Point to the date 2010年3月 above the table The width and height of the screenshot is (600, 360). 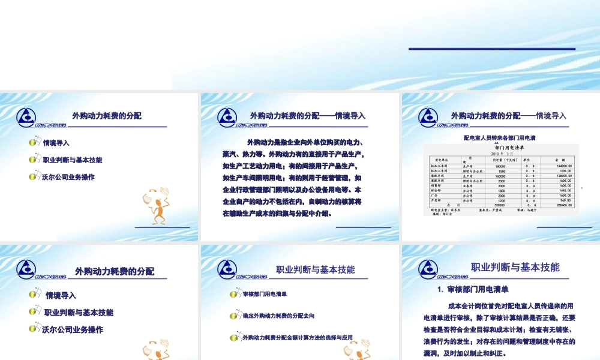point(500,153)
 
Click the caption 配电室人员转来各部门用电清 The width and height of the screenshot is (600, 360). point(499,137)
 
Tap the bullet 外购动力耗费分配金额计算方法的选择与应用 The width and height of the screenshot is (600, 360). point(298,337)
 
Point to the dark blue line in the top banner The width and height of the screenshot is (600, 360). point(491,49)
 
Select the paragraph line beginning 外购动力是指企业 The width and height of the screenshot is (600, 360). point(306,142)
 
